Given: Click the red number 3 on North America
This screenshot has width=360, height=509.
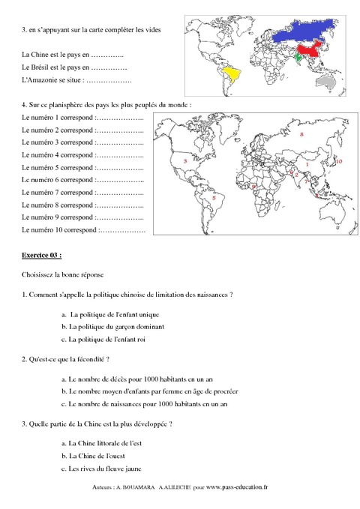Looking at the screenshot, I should (184, 160).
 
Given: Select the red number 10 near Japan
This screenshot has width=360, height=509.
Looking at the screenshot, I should (338, 161).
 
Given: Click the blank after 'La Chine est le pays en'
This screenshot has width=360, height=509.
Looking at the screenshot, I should (106, 55).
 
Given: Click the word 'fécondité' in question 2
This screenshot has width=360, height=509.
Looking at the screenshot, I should (91, 360).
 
